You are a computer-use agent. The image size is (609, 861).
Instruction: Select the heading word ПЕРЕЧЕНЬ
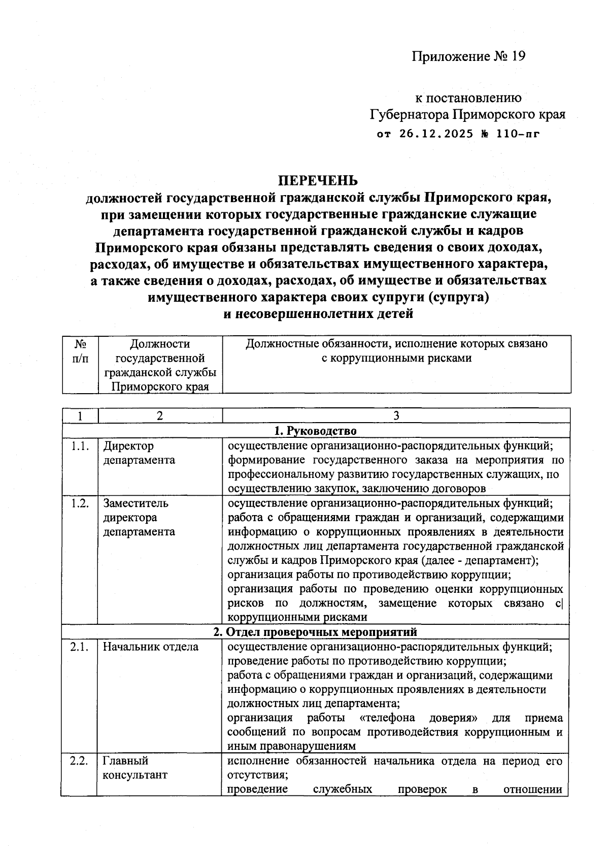point(317,180)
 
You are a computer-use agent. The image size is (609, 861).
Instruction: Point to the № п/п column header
point(80,351)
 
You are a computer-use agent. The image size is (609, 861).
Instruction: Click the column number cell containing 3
point(396,416)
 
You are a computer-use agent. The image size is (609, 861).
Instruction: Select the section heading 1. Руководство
point(316,431)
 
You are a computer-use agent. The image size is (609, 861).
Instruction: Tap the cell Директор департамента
point(139,453)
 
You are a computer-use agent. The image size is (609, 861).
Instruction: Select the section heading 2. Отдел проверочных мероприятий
point(315,632)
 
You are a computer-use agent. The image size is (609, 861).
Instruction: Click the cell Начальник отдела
point(151,647)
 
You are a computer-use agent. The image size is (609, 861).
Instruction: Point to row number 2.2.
point(80,761)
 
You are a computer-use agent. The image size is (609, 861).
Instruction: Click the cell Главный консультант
point(134,768)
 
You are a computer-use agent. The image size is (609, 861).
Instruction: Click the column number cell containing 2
point(160,416)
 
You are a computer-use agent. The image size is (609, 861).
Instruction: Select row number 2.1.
point(80,647)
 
